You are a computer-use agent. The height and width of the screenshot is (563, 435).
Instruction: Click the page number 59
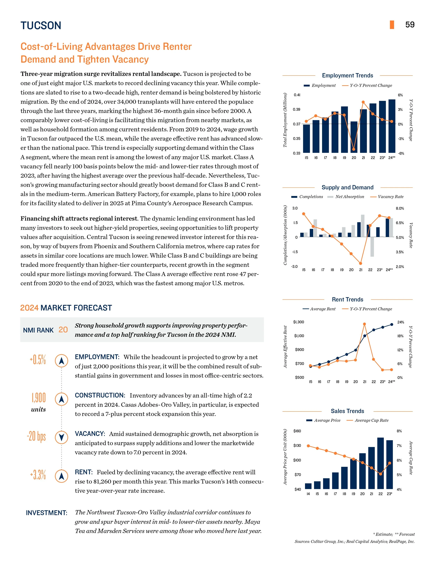tap(410, 25)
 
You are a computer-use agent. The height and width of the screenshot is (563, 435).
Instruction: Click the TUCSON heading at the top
tap(41, 26)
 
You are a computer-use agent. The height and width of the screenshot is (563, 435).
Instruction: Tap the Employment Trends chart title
tap(347, 76)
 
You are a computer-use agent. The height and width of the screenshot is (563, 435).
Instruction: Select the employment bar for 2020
tap(354, 137)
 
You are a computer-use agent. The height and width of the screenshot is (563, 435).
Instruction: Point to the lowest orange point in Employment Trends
tap(354, 149)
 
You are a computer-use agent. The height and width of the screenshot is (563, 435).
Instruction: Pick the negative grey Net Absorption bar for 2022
tap(372, 247)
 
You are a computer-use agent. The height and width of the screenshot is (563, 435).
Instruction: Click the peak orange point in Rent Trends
tap(364, 324)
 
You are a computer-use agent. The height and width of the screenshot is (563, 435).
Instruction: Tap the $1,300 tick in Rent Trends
tap(298, 322)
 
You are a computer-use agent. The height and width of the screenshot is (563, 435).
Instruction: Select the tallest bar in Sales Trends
tap(380, 463)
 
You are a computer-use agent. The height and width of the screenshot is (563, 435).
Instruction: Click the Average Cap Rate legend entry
tap(371, 420)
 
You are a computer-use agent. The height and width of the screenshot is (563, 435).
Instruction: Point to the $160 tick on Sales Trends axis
tap(297, 431)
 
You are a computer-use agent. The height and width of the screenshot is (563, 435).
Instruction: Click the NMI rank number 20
tap(63, 330)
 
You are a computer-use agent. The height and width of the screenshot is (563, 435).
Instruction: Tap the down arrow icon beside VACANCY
tap(62, 438)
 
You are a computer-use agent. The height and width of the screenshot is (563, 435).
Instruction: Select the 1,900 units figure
tap(39, 398)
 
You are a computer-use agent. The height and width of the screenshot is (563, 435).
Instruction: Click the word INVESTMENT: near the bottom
tap(47, 513)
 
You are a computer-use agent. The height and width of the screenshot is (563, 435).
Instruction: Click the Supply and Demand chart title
tap(347, 187)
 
